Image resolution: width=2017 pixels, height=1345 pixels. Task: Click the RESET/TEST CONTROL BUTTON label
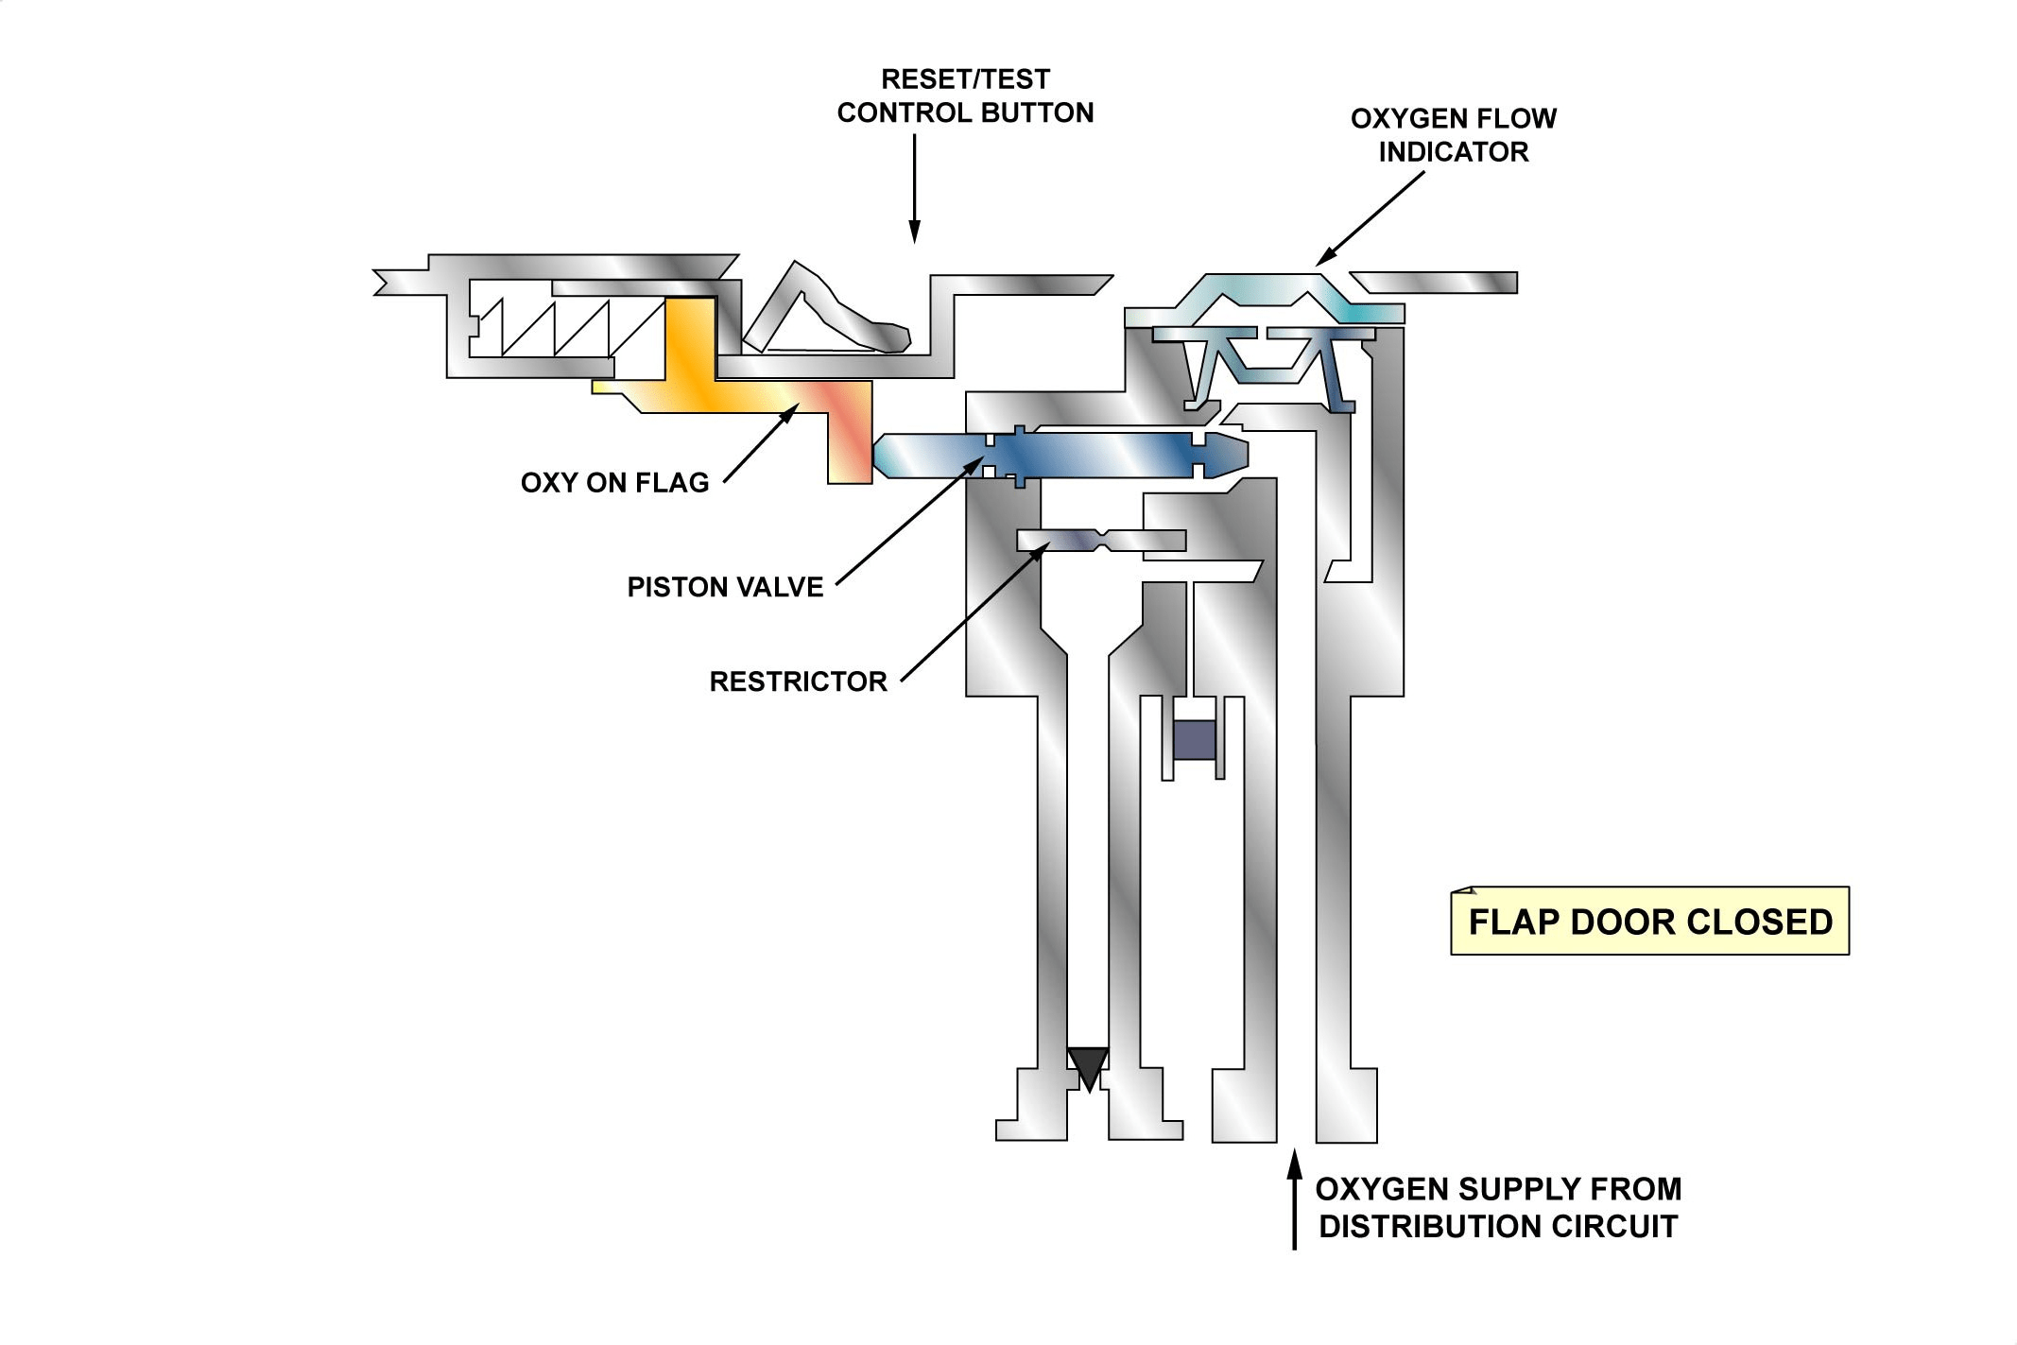pyautogui.click(x=965, y=95)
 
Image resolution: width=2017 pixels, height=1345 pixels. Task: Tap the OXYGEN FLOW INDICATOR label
pyautogui.click(x=1454, y=135)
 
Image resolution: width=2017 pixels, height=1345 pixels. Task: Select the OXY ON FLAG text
pyautogui.click(x=614, y=483)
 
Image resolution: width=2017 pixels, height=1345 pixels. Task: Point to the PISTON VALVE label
pyautogui.click(x=725, y=587)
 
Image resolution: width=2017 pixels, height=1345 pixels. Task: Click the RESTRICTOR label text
pyautogui.click(x=798, y=681)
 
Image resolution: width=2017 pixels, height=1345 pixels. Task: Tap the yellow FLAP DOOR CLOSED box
pyautogui.click(x=1649, y=921)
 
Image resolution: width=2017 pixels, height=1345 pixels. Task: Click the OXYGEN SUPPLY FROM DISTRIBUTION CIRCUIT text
pyautogui.click(x=1498, y=1207)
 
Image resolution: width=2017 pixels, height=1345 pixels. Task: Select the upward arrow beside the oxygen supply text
pyautogui.click(x=1294, y=1198)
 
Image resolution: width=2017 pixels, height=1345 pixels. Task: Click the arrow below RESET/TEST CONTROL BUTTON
pyautogui.click(x=914, y=188)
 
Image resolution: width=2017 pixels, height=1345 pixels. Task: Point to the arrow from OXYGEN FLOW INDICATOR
pyautogui.click(x=1371, y=217)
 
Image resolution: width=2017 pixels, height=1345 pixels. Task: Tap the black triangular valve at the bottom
pyautogui.click(x=1087, y=1067)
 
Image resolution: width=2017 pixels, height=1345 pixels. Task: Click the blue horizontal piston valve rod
pyautogui.click(x=1060, y=455)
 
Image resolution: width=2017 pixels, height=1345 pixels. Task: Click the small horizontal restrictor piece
pyautogui.click(x=1101, y=541)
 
